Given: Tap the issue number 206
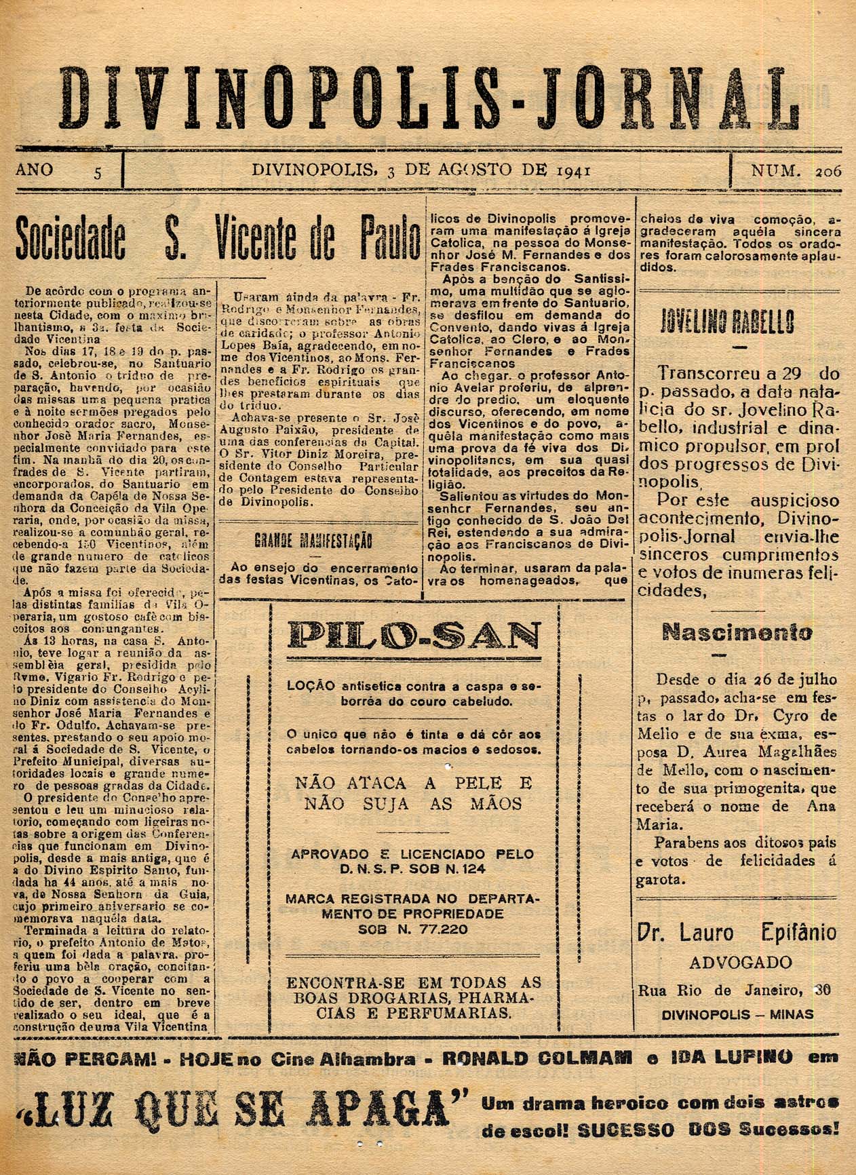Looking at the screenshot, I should coord(828,172).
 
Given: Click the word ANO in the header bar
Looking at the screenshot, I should coord(34,169).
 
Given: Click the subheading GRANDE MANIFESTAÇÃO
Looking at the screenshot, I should coord(313,541).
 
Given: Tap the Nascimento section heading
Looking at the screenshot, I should coord(737,632).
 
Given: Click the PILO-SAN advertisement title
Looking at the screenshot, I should coord(414,636).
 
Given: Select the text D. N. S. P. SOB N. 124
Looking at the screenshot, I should coord(414,870).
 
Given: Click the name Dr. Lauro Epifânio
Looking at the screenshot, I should coord(737,933).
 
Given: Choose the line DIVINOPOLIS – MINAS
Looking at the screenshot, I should coord(737,1015).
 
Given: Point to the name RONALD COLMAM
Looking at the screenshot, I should coord(537,1057).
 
